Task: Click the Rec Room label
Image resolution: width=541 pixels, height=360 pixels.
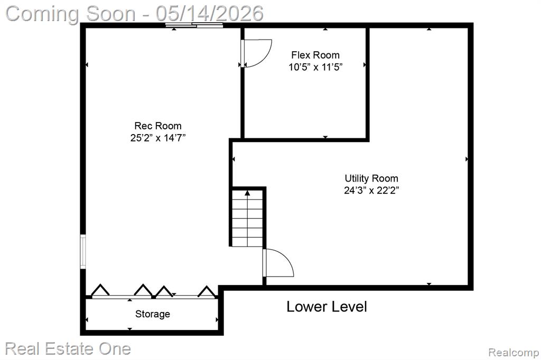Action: coord(157,126)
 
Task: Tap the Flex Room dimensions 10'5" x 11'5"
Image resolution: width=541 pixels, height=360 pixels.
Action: coord(315,67)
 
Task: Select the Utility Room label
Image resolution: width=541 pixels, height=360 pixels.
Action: coord(371,178)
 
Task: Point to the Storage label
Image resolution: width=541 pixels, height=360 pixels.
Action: coord(153,314)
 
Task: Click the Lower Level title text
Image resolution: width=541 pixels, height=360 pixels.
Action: coord(327,307)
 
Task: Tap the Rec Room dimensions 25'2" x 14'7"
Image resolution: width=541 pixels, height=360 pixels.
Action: coord(157,138)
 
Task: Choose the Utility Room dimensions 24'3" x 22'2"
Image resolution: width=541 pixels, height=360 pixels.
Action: coord(371,191)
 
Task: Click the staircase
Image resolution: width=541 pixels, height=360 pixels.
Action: coord(247,217)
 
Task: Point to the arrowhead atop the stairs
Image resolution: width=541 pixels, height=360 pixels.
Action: coord(247,193)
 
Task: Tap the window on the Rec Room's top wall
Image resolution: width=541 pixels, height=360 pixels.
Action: coord(194,25)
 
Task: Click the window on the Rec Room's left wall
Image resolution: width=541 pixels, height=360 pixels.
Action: coord(83,251)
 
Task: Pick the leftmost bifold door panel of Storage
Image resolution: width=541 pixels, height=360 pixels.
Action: coord(100,290)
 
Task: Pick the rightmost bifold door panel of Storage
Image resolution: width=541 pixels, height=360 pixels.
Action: coord(207,291)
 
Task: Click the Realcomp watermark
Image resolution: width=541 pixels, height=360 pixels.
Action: coord(514,353)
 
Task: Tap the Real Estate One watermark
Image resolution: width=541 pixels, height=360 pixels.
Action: coord(68,348)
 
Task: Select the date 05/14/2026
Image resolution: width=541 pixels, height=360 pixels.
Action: coord(209,13)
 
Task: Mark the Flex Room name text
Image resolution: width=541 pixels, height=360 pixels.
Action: coord(315,55)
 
